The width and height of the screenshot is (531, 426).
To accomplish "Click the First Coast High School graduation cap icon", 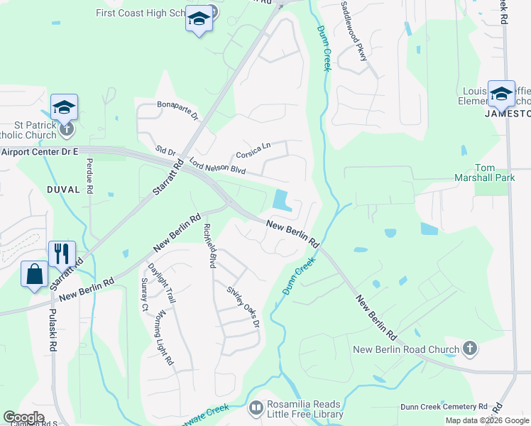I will (x=199, y=20).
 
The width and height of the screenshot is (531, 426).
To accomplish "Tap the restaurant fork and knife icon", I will (x=61, y=253).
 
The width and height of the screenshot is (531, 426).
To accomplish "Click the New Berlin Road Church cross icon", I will (x=469, y=349).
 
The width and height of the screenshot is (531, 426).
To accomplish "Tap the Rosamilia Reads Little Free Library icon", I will (x=256, y=408).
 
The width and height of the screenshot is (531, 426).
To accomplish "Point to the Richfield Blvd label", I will (x=209, y=246).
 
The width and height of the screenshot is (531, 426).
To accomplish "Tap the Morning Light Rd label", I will (x=164, y=337).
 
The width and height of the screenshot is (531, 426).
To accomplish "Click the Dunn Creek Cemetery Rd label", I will (x=444, y=407).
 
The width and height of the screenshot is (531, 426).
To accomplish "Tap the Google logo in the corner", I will (x=23, y=417).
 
